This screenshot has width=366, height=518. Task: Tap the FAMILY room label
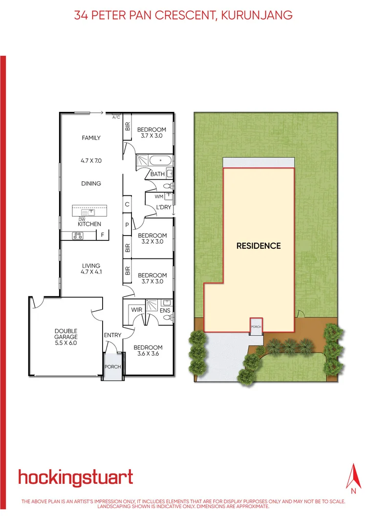[91, 138]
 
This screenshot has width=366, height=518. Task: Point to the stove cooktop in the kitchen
[78, 236]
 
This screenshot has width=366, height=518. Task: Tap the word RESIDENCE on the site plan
[258, 246]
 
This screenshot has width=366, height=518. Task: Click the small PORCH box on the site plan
[256, 326]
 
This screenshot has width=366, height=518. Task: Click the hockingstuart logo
[75, 477]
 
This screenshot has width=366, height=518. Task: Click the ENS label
[165, 310]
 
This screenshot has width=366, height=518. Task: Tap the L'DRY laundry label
[163, 207]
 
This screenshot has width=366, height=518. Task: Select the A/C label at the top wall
[116, 117]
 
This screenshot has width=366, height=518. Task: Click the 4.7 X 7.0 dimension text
[91, 160]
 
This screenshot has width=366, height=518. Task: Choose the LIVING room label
[91, 266]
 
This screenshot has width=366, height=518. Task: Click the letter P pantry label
[127, 225]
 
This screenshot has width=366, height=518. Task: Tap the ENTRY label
[112, 335]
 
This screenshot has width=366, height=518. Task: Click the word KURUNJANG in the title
[257, 15]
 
